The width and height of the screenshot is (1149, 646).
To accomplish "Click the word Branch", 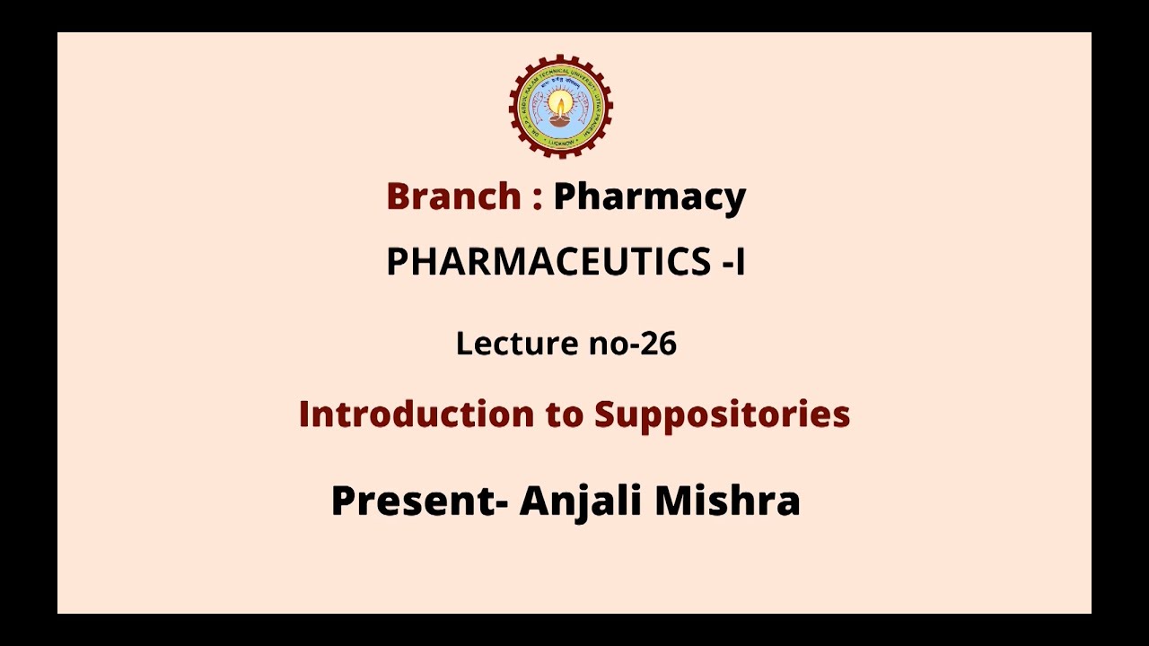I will pos(453,196).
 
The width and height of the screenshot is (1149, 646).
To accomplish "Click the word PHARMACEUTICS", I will pos(548,262).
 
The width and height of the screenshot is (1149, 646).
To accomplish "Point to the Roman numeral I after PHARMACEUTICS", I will pos(740,262).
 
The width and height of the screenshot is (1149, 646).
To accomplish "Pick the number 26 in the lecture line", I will pos(659,344).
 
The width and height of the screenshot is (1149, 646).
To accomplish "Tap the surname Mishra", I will pos(727,501).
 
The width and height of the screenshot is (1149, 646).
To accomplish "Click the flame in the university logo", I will pos(561,101).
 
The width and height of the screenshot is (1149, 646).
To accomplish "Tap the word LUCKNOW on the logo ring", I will pos(561,144).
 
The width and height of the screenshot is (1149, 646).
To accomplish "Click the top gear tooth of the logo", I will pos(561,57).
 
